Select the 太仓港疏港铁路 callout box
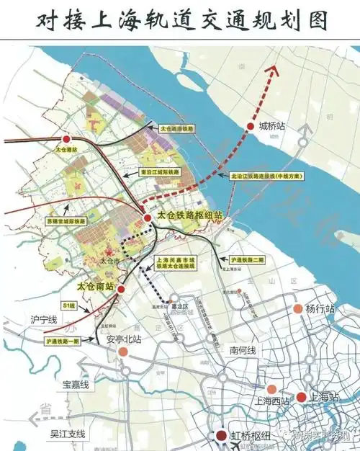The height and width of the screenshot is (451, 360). [178, 128]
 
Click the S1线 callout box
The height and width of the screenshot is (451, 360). [71, 305]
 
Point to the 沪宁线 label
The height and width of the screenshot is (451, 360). [43, 318]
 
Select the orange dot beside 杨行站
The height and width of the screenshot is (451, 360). [297, 309]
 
